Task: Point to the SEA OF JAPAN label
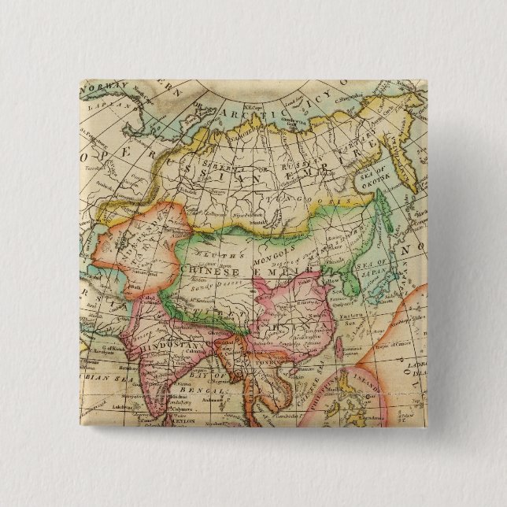click(383, 268)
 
